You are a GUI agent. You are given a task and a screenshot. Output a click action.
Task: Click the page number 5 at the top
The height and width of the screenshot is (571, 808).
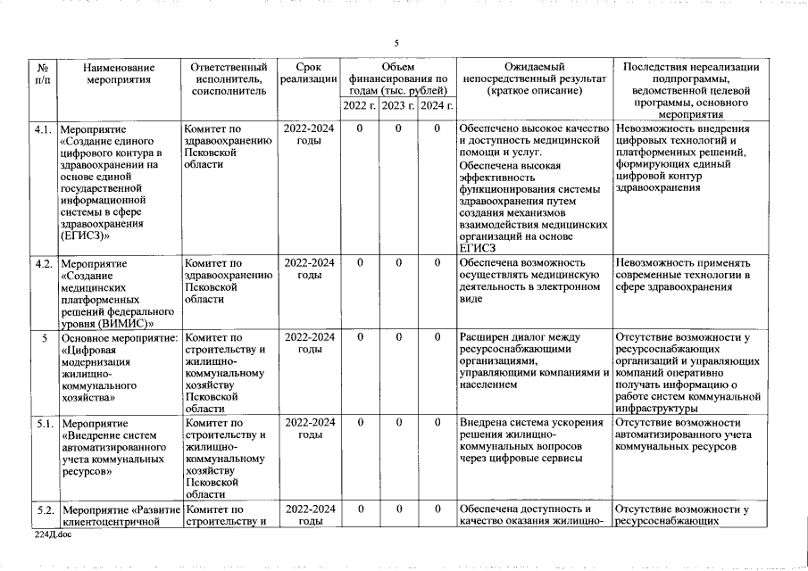tap(396, 44)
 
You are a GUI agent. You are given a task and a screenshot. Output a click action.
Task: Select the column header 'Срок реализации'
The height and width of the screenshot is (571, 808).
tap(308, 73)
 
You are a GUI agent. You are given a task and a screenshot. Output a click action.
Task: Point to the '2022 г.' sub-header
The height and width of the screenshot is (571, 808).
tap(359, 106)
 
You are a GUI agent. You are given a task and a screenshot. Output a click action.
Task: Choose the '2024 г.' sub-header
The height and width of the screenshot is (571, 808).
tap(437, 106)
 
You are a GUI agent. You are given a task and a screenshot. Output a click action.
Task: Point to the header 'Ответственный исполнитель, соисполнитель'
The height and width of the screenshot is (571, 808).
tap(229, 79)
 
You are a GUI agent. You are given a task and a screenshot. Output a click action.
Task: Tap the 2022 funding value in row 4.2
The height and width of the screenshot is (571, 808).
tap(359, 264)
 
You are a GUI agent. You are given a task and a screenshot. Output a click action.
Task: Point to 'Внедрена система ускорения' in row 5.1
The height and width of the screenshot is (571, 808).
tap(532, 423)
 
